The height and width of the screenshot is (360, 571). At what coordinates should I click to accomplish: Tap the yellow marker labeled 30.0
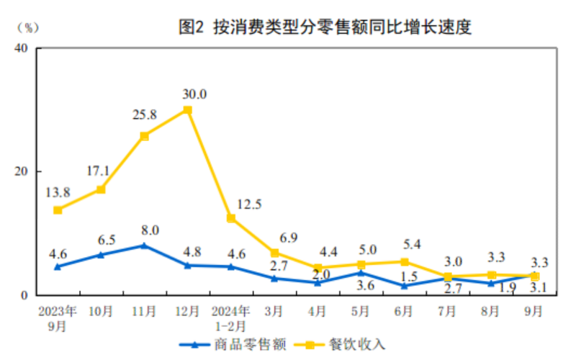(187, 109)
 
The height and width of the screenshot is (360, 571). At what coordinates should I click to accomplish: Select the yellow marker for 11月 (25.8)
(144, 135)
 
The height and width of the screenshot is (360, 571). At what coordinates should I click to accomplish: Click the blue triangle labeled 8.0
(144, 246)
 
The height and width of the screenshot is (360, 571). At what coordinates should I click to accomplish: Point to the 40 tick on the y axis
(20, 48)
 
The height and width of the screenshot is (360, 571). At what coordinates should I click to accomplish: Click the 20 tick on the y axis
(20, 171)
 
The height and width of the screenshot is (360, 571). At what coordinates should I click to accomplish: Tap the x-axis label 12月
(187, 311)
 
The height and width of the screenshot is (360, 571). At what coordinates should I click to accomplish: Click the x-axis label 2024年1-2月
(230, 318)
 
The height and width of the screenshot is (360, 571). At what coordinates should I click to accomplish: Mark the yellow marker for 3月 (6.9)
(274, 253)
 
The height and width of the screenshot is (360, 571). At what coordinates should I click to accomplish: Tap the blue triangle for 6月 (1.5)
(404, 286)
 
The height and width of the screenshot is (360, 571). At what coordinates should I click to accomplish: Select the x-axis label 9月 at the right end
(534, 311)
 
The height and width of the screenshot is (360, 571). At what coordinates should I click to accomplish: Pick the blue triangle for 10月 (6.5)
(101, 255)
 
